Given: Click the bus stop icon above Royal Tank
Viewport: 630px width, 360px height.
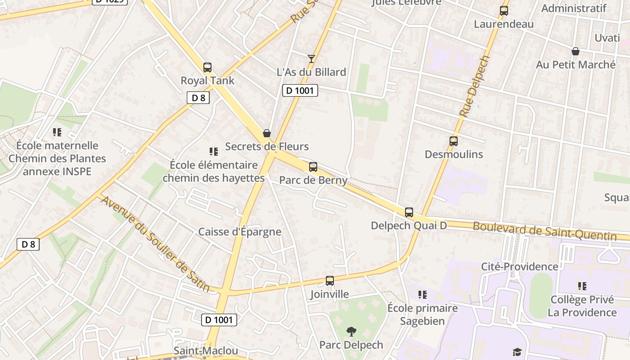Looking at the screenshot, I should click(x=207, y=67).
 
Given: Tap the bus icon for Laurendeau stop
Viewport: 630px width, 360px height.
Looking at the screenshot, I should click(x=504, y=11).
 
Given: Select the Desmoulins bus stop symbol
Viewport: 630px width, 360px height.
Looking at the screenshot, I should click(x=453, y=141).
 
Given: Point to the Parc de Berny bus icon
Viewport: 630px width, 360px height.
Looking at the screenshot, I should click(x=313, y=167).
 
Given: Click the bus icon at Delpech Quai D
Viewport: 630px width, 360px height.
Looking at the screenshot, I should click(x=409, y=212).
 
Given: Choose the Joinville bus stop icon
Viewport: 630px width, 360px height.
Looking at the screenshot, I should click(x=329, y=281).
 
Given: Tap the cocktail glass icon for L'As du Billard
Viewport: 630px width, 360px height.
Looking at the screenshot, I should click(x=311, y=58).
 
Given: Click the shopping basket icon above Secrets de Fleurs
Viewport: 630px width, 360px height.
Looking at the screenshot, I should click(x=267, y=133).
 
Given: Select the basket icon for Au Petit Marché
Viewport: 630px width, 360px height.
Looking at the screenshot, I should click(x=575, y=51).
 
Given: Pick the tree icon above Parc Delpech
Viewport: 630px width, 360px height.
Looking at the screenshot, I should click(x=351, y=332).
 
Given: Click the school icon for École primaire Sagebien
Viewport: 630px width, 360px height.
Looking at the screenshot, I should click(x=422, y=295).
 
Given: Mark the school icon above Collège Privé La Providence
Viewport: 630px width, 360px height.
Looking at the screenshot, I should click(x=582, y=286).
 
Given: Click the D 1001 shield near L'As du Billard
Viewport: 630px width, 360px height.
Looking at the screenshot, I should click(x=300, y=90).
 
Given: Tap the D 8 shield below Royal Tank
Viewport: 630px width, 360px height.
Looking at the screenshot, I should click(x=198, y=98).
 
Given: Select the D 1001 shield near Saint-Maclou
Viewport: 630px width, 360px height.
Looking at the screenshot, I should click(x=219, y=320).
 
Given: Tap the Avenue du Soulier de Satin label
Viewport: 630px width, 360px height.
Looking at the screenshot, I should click(x=155, y=243).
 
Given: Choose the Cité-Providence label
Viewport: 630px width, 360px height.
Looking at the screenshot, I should click(x=519, y=266).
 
